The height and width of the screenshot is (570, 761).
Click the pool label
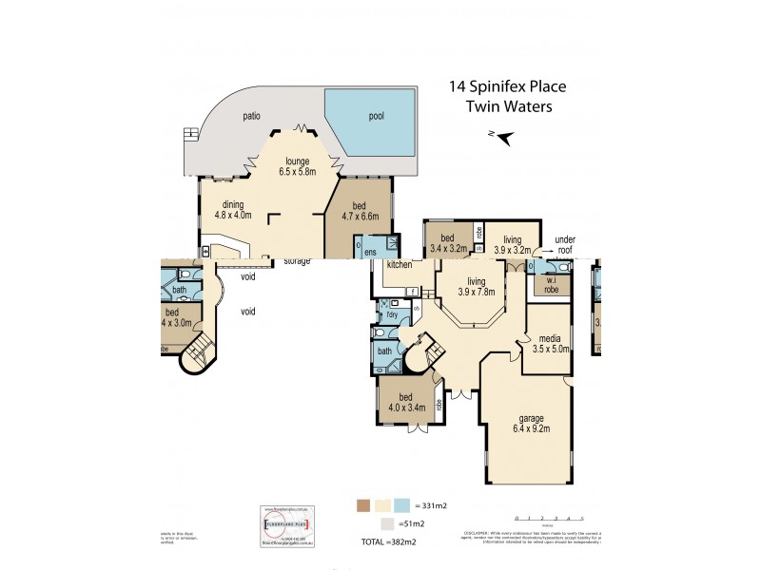point(380,117)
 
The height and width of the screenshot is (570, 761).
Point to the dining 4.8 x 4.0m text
point(234,209)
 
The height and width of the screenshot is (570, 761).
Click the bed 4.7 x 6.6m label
point(360,210)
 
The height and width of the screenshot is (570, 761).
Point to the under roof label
point(566,244)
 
